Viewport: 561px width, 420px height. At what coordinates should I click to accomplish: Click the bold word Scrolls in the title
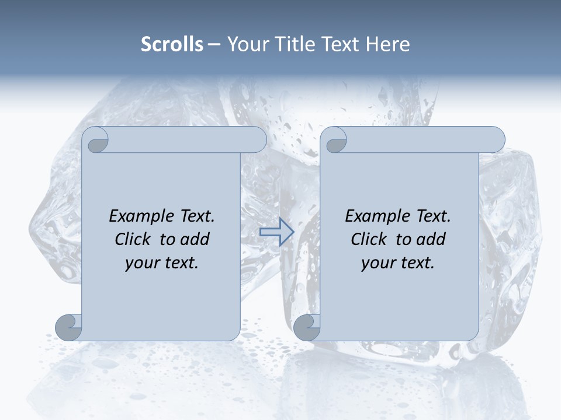point(172,44)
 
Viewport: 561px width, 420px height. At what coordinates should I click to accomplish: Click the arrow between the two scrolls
point(276,232)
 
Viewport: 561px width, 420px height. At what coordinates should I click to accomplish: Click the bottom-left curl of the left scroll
point(68,327)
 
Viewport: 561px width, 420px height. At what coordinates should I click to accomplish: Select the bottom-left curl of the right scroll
point(307,327)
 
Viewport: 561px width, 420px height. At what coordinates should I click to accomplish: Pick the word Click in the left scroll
point(134,240)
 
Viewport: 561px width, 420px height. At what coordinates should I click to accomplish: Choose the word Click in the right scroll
point(370,240)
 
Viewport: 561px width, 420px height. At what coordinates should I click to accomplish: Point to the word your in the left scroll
point(142,263)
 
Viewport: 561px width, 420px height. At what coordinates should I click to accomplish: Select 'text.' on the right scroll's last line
point(417,263)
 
